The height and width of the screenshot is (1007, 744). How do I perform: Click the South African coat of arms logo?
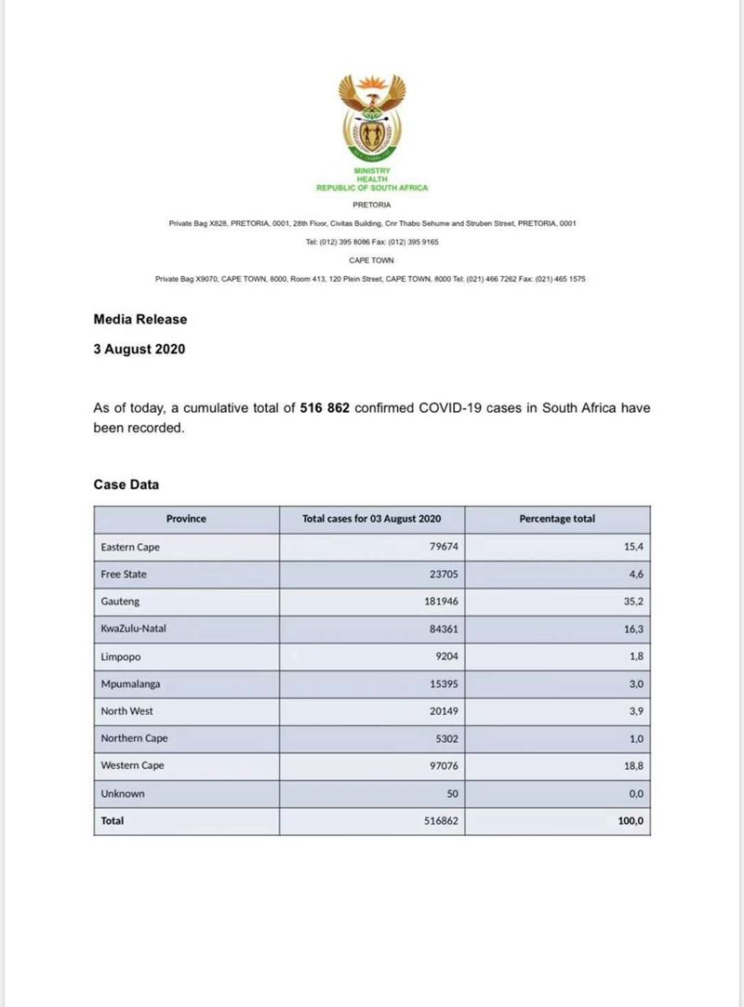pyautogui.click(x=372, y=116)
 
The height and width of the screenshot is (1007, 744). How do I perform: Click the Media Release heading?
pyautogui.click(x=140, y=319)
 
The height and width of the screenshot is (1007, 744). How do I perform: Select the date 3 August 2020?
pyautogui.click(x=139, y=350)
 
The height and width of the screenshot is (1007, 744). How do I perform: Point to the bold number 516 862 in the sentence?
pyautogui.click(x=325, y=407)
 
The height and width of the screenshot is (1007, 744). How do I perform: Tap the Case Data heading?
pyautogui.click(x=126, y=484)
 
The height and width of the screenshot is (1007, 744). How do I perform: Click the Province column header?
pyautogui.click(x=186, y=519)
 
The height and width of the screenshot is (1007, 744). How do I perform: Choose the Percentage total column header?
pyautogui.click(x=557, y=519)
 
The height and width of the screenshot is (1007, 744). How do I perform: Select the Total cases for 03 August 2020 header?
pyautogui.click(x=371, y=519)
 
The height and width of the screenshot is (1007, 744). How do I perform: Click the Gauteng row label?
pyautogui.click(x=120, y=602)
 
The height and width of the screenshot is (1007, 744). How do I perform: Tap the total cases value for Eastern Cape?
pyautogui.click(x=442, y=547)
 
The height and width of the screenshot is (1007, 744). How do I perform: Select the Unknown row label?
pyautogui.click(x=123, y=794)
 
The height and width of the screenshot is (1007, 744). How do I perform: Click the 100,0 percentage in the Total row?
pyautogui.click(x=631, y=821)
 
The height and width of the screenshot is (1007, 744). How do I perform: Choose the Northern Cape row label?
pyautogui.click(x=135, y=738)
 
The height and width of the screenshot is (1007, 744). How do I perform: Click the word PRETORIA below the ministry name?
pyautogui.click(x=372, y=204)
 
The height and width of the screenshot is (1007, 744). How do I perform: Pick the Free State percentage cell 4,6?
pyautogui.click(x=636, y=575)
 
